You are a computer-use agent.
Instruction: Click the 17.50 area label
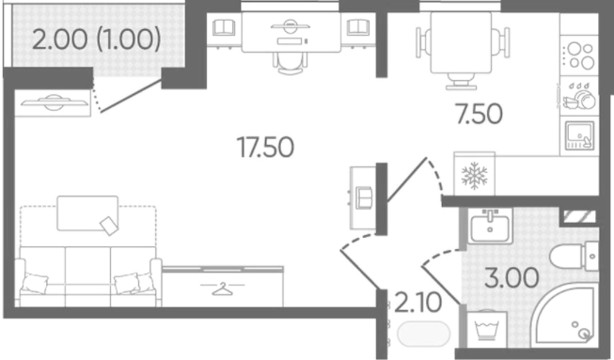pyautogui.click(x=265, y=148)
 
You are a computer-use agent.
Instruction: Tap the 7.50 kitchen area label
pyautogui.click(x=480, y=115)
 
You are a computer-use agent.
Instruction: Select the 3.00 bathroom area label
pyautogui.click(x=512, y=278)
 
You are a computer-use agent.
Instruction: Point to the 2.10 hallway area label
pyautogui.click(x=418, y=303)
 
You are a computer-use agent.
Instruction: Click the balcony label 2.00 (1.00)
pyautogui.click(x=96, y=39)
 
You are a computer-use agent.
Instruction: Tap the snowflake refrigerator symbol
pyautogui.click(x=474, y=176)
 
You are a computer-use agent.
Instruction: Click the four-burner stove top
pyautogui.click(x=579, y=55)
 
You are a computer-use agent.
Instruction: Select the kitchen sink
pyautogui.click(x=579, y=135)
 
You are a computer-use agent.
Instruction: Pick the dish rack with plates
pyautogui.click(x=579, y=97)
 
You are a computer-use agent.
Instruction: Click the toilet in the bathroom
pyautogui.click(x=575, y=257)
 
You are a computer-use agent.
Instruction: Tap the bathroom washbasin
pyautogui.click(x=490, y=226)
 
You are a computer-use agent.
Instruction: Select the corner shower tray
pyautogui.click(x=566, y=316)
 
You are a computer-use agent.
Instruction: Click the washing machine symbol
pyautogui.click(x=486, y=329)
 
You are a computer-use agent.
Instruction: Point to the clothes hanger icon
pyautogui.click(x=222, y=289)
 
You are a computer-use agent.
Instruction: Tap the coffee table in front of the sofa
pyautogui.click(x=87, y=213)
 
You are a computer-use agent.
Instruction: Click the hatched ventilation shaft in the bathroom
pyautogui.click(x=579, y=216)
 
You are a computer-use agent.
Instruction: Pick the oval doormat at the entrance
pyautogui.click(x=424, y=334)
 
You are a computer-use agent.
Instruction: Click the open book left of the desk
pyautogui.click(x=224, y=28)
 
